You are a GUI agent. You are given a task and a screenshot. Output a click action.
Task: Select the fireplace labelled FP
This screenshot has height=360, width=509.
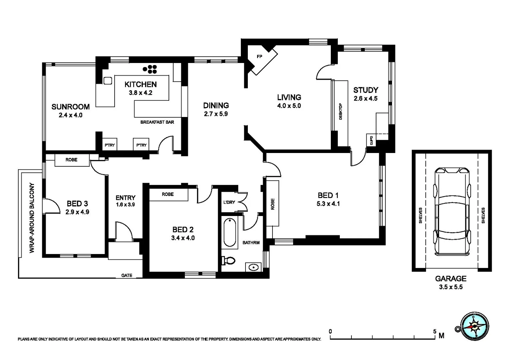(x=259, y=56)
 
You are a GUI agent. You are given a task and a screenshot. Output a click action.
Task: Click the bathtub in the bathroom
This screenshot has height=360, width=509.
(x=230, y=232)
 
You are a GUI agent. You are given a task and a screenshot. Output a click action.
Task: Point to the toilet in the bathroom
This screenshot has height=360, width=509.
(x=229, y=261)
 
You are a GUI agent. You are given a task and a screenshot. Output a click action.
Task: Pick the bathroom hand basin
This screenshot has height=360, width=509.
(x=254, y=267)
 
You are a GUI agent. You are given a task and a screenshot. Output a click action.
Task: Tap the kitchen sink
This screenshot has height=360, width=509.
(x=108, y=81)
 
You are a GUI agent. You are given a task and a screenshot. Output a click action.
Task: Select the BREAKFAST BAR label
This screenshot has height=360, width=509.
(x=157, y=122)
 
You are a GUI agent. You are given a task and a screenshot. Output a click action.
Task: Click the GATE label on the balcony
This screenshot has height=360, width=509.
(x=127, y=275)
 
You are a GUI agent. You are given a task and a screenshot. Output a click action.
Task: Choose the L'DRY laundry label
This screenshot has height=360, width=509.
(x=229, y=202)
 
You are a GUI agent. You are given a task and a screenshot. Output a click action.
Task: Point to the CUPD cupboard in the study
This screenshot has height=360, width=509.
(x=371, y=140)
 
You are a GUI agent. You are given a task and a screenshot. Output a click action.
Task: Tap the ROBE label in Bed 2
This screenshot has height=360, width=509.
(x=168, y=194)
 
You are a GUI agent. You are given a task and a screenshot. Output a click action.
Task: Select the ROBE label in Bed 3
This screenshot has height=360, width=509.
(x=71, y=160)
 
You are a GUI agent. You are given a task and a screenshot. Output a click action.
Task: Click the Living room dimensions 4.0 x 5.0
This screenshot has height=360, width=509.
(x=289, y=106)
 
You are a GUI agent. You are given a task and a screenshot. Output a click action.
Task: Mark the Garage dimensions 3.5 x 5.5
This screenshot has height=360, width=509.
(x=451, y=287)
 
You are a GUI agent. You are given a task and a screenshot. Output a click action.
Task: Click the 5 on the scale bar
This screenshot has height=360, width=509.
(x=434, y=331)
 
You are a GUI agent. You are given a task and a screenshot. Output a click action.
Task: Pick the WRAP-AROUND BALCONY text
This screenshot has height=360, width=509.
(x=32, y=218)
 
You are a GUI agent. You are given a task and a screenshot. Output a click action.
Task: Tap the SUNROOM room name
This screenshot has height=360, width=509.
(x=70, y=107)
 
